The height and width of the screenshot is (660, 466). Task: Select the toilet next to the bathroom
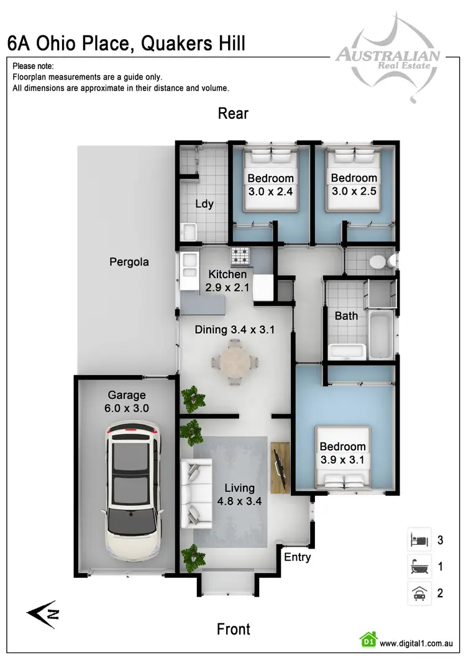coord(378,262)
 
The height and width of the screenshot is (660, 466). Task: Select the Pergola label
coord(129,262)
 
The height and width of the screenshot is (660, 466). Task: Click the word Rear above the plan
coord(233,113)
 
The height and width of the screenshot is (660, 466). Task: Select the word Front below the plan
coord(233,629)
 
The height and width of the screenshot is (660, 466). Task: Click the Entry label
coord(297,557)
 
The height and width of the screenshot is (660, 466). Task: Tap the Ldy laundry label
coord(204,203)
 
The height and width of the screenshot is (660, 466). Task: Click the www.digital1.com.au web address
coord(416,643)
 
